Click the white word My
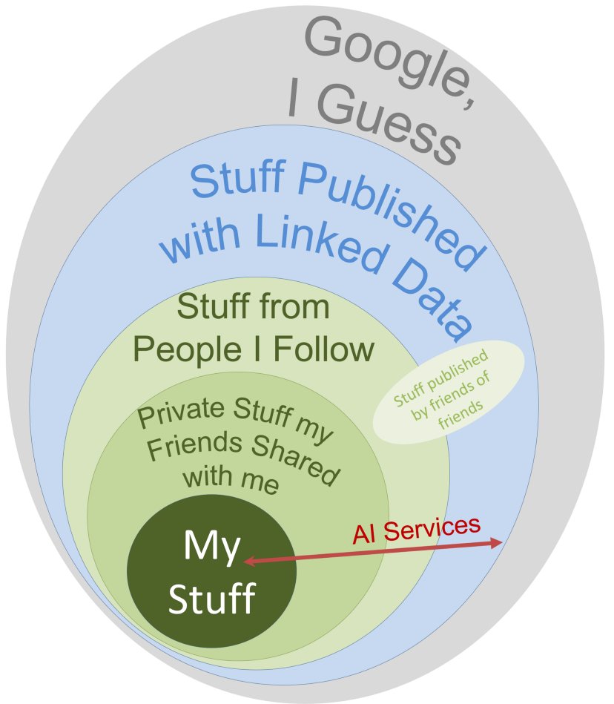click(212, 547)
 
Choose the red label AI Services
click(416, 529)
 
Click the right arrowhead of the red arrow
click(498, 544)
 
